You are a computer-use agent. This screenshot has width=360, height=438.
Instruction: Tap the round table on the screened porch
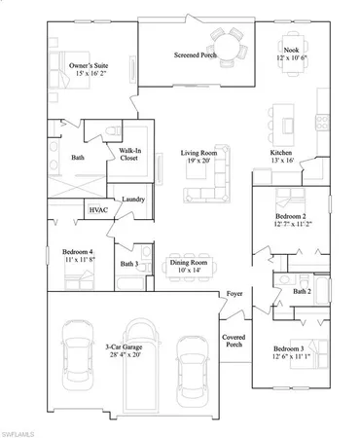pos(230,43)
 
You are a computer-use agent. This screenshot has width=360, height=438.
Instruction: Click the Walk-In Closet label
pos(133,155)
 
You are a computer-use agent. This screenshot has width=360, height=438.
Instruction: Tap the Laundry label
pos(133,200)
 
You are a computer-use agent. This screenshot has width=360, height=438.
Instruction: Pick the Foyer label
pos(234,293)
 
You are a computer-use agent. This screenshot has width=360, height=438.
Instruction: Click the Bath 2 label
pos(302,291)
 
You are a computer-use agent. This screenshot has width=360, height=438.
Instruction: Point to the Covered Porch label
pos(234,340)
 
